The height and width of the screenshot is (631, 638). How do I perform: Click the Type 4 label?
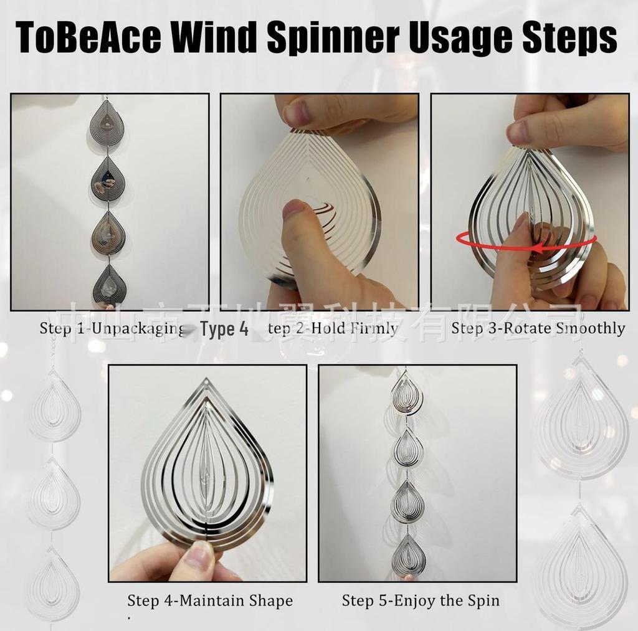point(224,329)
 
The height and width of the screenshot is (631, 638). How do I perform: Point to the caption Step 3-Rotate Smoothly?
point(538,328)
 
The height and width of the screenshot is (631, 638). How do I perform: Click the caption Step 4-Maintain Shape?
point(210,601)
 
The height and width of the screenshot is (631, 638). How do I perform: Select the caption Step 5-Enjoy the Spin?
point(421,601)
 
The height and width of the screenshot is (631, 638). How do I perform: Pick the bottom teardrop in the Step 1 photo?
point(110,286)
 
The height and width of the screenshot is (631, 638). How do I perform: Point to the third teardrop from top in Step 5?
point(407,501)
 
